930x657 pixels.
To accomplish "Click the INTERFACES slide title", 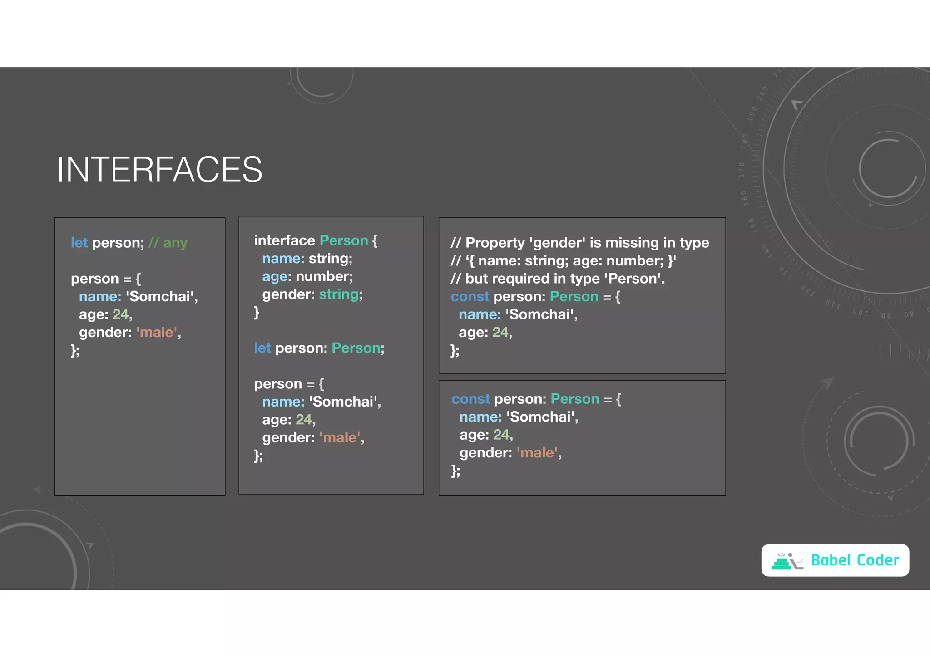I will pos(159,170).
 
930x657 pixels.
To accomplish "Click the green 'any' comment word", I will pos(175,243).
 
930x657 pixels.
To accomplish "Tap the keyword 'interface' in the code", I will pos(284,240).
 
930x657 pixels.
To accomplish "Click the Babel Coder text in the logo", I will pos(855,560).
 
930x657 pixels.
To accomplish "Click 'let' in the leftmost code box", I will pos(79,243).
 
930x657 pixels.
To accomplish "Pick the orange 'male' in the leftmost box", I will pos(156,333).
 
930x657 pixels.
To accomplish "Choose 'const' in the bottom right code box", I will pos(470,399).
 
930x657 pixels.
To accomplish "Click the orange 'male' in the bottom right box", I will pos(537,453).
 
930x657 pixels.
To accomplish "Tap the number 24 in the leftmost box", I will pos(121,314).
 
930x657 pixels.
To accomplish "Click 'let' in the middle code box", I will pos(262,348).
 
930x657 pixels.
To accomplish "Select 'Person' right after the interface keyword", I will pos(344,240).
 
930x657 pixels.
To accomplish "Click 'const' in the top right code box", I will pos(470,297).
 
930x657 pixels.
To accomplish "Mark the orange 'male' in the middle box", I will pos(340,438).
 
